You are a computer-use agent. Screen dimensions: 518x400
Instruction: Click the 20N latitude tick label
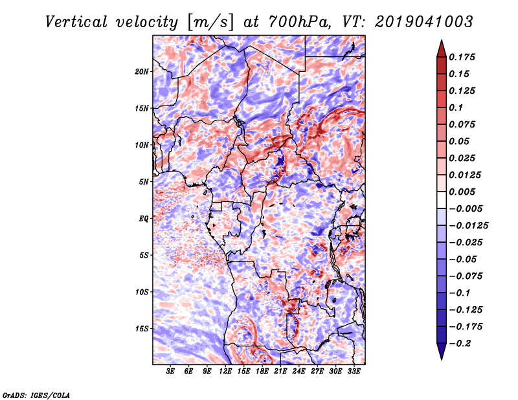point(142,72)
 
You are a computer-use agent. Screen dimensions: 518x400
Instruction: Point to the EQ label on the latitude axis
point(144,219)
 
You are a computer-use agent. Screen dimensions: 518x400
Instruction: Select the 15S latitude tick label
point(142,329)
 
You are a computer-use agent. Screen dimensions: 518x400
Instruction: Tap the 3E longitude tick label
point(170,372)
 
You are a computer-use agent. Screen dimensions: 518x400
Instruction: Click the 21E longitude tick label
point(280,372)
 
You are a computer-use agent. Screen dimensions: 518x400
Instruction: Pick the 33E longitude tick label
point(354,372)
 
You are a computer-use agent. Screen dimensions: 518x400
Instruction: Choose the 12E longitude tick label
point(225,372)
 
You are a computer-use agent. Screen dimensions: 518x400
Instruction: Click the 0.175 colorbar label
point(462,57)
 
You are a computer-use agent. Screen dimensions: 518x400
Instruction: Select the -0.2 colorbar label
point(460,344)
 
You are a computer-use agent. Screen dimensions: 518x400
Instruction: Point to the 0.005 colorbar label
point(462,192)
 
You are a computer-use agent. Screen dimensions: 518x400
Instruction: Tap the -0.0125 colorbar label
point(468,226)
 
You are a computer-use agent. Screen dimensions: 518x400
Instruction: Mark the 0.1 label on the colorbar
point(456,107)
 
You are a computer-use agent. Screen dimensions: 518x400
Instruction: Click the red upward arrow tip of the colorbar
point(442,41)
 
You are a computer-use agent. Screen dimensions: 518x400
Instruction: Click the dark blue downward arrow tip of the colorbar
point(442,359)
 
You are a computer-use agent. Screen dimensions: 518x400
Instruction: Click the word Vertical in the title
point(76,22)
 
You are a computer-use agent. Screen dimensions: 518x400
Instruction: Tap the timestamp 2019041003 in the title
point(424,22)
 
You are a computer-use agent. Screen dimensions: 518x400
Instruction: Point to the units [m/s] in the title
point(210,23)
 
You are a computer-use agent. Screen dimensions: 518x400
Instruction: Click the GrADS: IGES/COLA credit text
point(36,395)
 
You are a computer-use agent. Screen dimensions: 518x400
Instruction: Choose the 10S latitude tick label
point(142,292)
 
